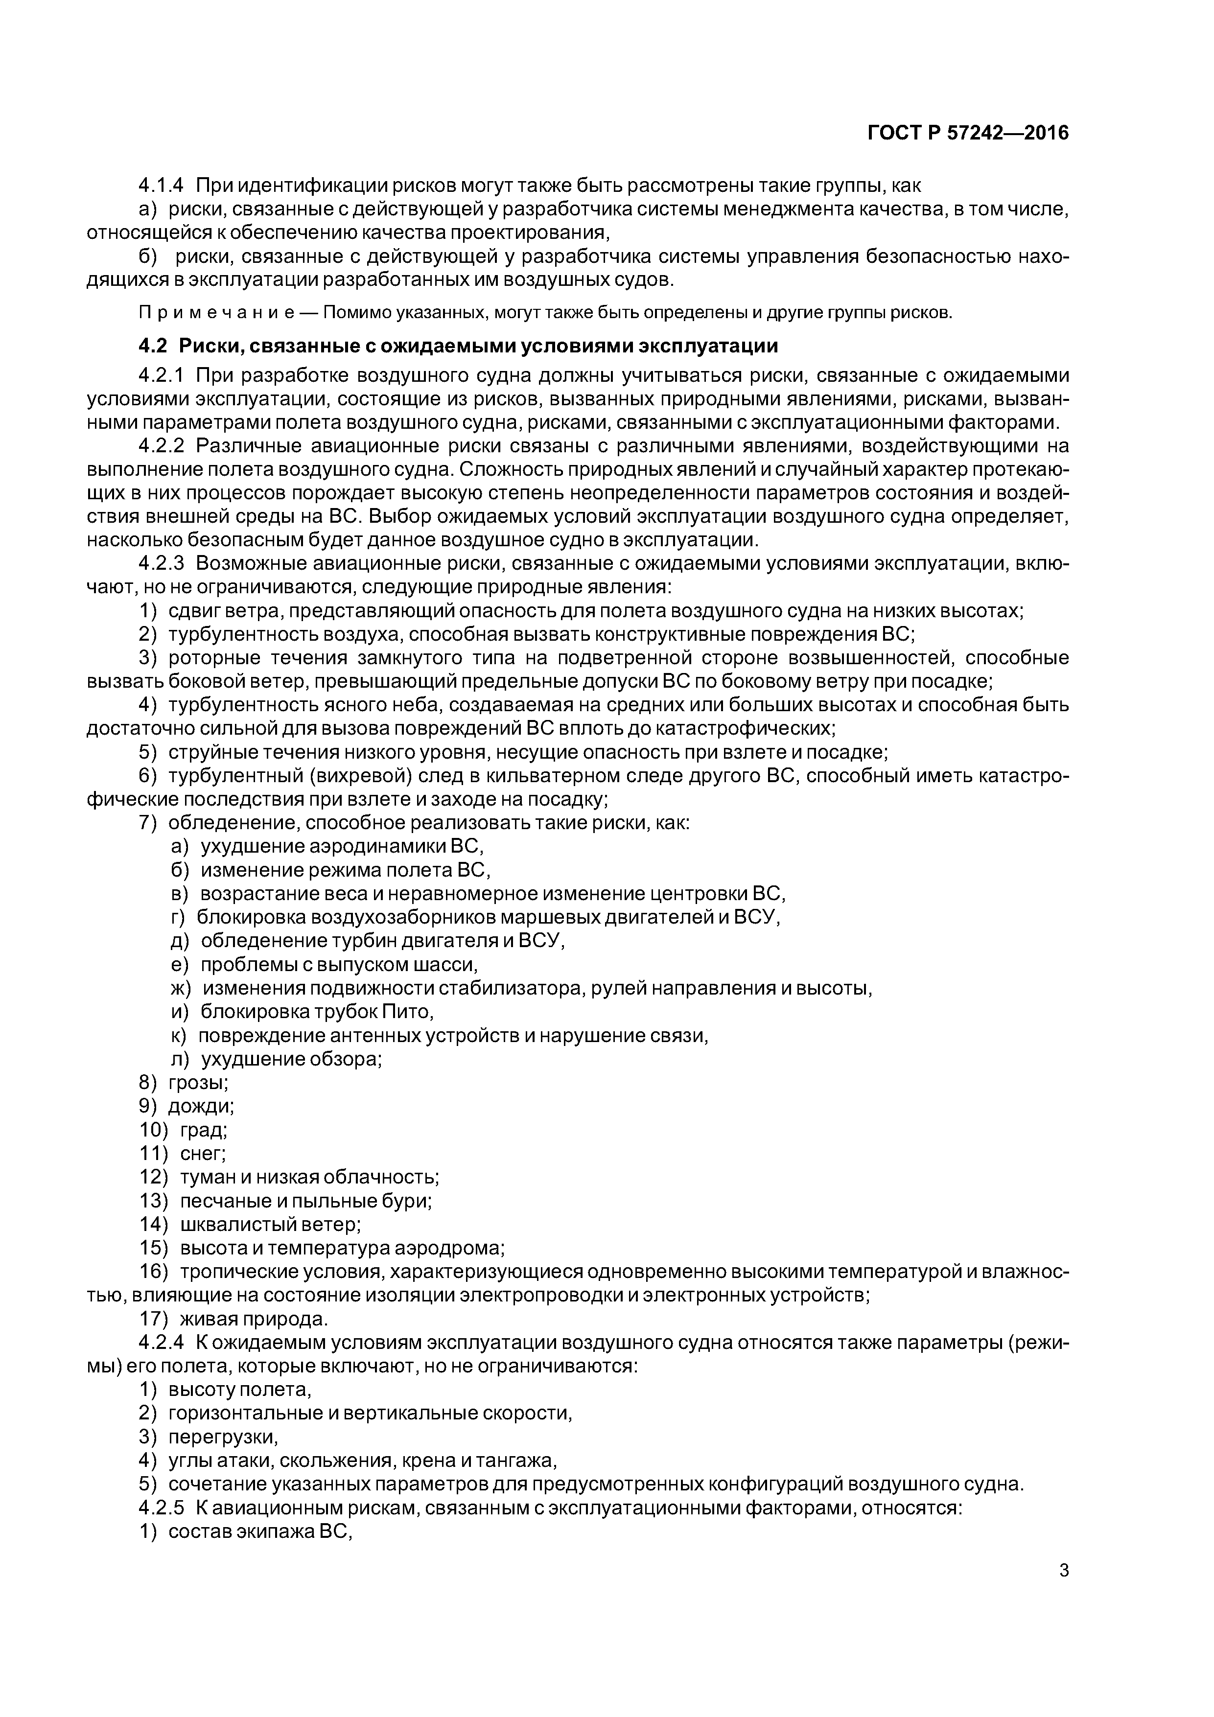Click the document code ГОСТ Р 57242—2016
pos(967,133)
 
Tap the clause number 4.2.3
pos(161,562)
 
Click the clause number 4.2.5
pos(161,1508)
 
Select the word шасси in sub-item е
pos(449,965)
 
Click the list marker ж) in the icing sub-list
pos(181,989)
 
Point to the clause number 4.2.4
pos(161,1343)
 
